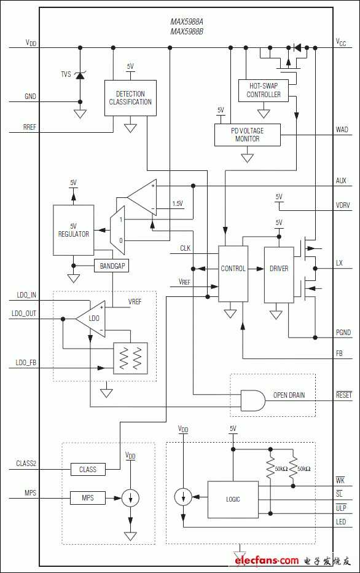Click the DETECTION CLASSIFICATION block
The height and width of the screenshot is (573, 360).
tap(130, 98)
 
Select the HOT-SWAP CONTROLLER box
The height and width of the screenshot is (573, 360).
tap(264, 90)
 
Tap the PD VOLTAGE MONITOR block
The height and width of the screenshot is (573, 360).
tap(247, 135)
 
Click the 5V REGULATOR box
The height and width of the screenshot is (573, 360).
tap(73, 230)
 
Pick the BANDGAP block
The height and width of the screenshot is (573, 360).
tap(112, 266)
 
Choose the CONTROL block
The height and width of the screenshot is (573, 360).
tap(233, 274)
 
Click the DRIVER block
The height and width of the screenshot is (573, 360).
tap(279, 275)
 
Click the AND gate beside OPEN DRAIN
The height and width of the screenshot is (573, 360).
tap(252, 400)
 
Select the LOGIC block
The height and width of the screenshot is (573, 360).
tap(233, 499)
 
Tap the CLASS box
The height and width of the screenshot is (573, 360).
tap(88, 469)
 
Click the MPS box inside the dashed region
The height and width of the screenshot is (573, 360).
tap(88, 498)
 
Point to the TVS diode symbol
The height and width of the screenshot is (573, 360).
tap(80, 75)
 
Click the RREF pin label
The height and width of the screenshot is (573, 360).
tap(29, 127)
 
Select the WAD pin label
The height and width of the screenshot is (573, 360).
tap(342, 129)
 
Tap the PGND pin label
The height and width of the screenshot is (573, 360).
tap(343, 332)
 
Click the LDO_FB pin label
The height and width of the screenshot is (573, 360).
tap(26, 363)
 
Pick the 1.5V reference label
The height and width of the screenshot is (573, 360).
tap(178, 204)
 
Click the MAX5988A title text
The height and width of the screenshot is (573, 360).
tap(187, 22)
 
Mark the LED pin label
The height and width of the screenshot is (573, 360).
tap(341, 522)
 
